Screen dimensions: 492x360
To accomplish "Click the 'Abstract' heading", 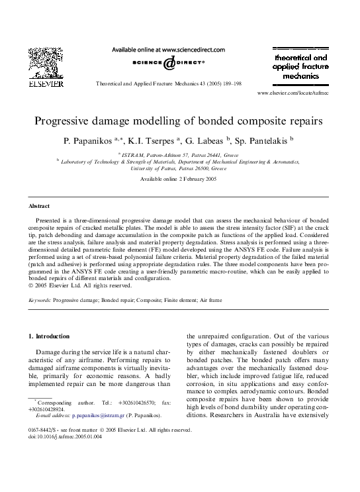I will (42, 207).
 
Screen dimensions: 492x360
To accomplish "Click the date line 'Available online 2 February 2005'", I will (179, 179).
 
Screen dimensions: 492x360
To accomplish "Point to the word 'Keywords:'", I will (41, 301).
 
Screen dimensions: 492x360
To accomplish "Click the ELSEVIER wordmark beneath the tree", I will (45, 84).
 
